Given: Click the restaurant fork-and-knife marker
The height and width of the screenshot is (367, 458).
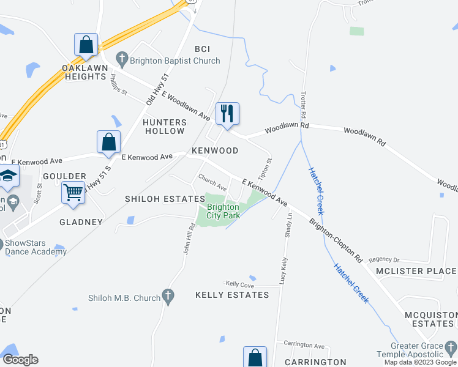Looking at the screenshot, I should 227,113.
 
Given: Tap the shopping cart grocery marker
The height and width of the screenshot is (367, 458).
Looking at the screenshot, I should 73,193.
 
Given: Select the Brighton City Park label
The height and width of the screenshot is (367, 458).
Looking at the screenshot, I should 223,211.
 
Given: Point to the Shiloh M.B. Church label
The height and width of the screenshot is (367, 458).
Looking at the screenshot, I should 124,298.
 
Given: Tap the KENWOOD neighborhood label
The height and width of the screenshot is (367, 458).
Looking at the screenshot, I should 215,150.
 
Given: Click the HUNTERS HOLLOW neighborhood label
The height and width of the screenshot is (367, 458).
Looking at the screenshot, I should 163,127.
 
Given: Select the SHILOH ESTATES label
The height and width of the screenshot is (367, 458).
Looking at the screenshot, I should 165,199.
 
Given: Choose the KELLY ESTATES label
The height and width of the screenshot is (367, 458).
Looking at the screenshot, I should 232,295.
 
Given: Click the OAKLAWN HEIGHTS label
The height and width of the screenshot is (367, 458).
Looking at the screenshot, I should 84,72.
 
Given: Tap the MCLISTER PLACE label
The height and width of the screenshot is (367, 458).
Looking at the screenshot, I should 416,271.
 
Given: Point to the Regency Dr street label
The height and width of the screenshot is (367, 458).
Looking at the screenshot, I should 384,259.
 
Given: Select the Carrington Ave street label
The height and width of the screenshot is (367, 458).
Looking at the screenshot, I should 299,345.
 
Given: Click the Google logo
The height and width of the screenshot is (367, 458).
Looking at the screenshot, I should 20,360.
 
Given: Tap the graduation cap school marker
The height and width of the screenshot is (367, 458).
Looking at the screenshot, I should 8,176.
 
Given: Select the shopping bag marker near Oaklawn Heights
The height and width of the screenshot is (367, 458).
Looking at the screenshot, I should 86,45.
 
